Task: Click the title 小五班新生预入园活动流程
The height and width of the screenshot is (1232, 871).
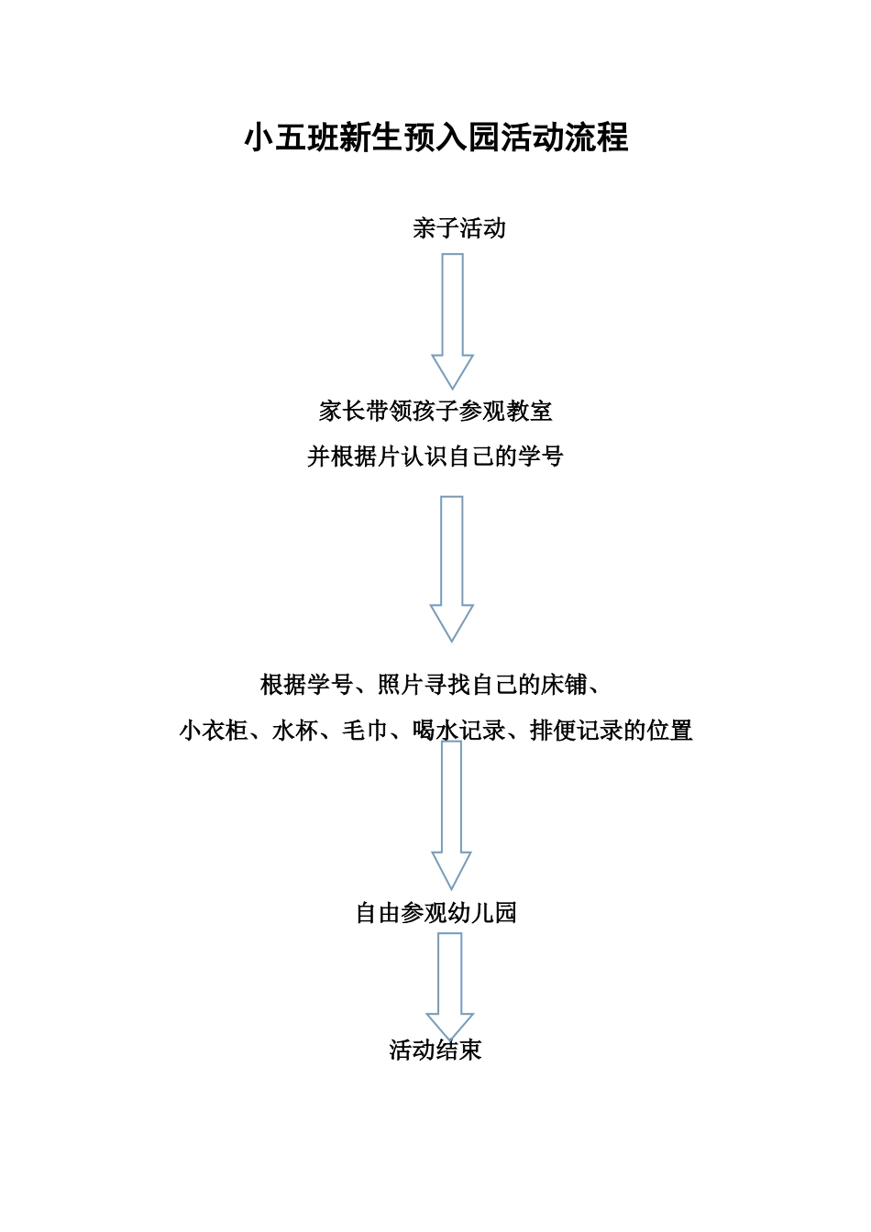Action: (435, 137)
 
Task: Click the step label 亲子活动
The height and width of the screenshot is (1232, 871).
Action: (458, 228)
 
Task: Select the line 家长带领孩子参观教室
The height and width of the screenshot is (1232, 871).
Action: (435, 411)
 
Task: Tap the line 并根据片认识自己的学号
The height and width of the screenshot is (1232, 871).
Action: (435, 456)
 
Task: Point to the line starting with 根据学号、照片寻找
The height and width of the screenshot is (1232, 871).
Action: (431, 685)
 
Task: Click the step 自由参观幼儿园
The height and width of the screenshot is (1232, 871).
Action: (435, 913)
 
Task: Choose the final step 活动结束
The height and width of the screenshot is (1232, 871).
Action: (435, 1050)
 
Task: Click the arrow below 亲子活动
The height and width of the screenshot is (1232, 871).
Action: (452, 321)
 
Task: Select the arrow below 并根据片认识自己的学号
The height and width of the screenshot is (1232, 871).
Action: (452, 568)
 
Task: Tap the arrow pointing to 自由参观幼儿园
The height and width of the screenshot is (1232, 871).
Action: (451, 816)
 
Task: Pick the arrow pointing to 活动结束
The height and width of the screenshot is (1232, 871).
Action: (450, 985)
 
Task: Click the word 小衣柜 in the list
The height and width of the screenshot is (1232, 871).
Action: (214, 731)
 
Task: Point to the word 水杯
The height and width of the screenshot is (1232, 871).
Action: (295, 731)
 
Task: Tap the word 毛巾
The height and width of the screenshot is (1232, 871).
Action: (365, 731)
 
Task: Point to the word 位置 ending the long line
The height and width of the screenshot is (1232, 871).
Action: (669, 731)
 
